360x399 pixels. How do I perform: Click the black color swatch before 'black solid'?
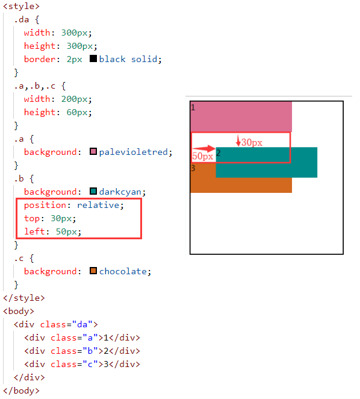(93, 58)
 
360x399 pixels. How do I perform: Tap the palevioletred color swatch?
(93, 151)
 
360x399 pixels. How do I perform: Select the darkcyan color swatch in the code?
(93, 191)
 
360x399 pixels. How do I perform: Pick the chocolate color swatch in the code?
(93, 271)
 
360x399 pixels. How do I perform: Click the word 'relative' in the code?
(98, 205)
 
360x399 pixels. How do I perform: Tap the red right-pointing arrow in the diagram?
(204, 148)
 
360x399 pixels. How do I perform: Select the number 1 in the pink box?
(193, 107)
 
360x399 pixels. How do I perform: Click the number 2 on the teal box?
(218, 153)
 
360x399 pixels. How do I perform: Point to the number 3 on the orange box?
(193, 168)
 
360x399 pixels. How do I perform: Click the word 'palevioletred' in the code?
(134, 152)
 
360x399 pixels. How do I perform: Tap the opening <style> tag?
(21, 6)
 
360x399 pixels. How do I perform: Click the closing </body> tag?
(21, 391)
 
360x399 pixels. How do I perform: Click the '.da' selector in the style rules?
(22, 20)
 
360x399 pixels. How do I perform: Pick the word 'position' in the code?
(45, 206)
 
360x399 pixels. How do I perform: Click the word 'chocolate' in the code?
(123, 271)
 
